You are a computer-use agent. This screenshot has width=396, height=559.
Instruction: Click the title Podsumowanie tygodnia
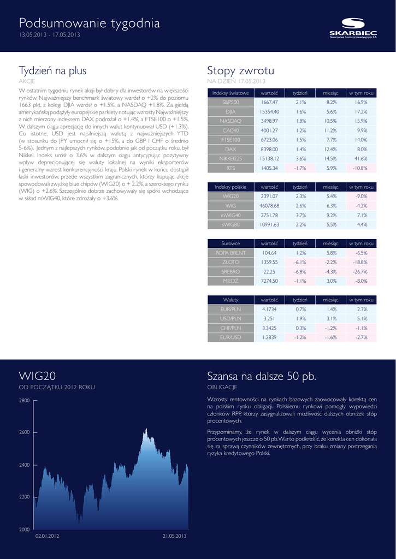[x=90, y=23]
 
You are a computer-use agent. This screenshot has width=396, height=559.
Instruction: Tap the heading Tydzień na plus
[x=52, y=70]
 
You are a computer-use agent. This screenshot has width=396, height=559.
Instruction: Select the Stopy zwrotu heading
[x=240, y=70]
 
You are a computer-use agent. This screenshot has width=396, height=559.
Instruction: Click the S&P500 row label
[x=230, y=102]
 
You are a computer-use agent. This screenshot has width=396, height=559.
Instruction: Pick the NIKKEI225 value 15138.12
[x=269, y=158]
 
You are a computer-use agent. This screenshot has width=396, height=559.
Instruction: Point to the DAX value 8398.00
[x=269, y=149]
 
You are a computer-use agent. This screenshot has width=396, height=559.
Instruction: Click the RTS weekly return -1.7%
[x=300, y=168]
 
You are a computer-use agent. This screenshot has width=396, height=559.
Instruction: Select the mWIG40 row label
[x=230, y=215]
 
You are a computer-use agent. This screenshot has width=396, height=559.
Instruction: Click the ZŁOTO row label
[x=230, y=262]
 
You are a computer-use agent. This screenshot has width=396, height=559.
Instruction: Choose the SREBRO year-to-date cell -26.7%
[x=360, y=271]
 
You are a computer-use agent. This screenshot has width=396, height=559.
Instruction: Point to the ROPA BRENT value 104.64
[x=269, y=253]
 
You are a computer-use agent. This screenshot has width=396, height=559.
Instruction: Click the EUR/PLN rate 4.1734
[x=269, y=309]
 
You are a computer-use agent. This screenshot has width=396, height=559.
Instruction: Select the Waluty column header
[x=230, y=300]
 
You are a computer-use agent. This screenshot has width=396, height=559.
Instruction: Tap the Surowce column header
[x=230, y=243]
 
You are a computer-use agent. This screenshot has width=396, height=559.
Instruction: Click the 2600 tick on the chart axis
[x=24, y=432]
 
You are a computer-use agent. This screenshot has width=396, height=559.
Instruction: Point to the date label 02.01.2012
[x=47, y=536]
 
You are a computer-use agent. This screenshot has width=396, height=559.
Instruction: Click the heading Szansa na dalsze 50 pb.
[x=262, y=376]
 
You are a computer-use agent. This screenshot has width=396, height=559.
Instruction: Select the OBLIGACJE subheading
[x=222, y=387]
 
